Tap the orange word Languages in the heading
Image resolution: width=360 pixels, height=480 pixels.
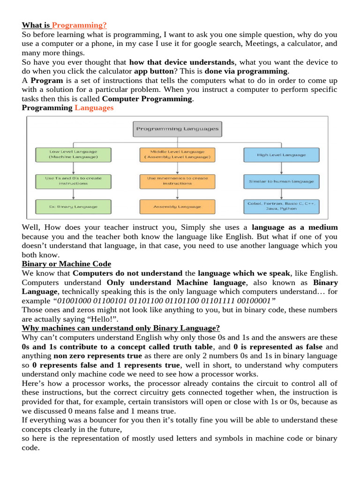[94, 108]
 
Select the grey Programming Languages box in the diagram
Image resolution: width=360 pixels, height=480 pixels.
[177, 128]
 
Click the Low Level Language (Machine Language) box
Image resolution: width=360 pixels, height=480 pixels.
[73, 155]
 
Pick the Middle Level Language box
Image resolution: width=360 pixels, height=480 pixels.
[177, 155]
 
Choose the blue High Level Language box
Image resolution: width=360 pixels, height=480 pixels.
[281, 155]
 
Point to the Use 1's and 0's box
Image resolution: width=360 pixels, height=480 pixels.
[73, 180]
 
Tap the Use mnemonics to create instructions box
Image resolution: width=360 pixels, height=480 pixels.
[177, 180]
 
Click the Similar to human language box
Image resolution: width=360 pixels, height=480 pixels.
[281, 181]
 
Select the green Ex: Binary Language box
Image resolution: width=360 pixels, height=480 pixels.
[73, 206]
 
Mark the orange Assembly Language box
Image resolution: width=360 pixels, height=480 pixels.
[177, 206]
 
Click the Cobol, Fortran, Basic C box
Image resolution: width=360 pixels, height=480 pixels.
[281, 206]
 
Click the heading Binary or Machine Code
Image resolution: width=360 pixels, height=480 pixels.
[67, 264]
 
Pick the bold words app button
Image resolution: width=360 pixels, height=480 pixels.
[153, 71]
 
